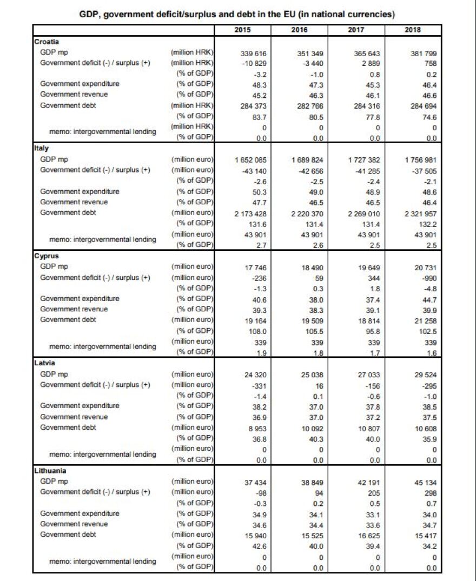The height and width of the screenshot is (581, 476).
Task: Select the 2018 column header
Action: (x=413, y=30)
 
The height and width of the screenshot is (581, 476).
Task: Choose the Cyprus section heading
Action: (x=46, y=256)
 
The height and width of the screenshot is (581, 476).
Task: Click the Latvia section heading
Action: (x=43, y=363)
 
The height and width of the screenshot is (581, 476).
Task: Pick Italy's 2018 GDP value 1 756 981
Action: (x=420, y=161)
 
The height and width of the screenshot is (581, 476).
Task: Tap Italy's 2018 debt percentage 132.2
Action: (x=427, y=224)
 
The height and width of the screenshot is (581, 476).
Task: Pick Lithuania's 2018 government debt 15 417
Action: (x=425, y=535)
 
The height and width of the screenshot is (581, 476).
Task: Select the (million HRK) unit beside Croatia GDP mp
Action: (x=193, y=53)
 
